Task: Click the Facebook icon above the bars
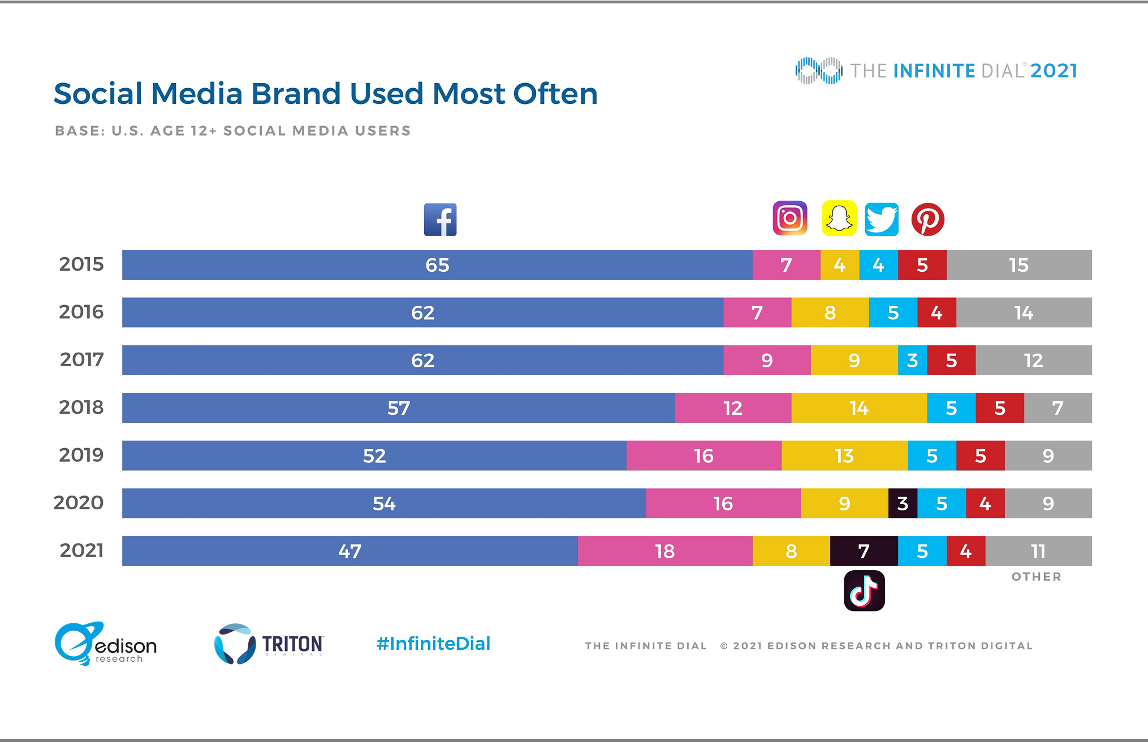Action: point(440,220)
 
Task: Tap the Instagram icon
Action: point(789,218)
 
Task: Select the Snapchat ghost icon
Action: point(839,218)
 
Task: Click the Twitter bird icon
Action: point(881,219)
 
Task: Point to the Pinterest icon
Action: point(927,219)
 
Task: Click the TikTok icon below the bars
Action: point(864,591)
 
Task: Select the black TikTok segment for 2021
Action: point(864,551)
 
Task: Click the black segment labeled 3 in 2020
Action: point(903,504)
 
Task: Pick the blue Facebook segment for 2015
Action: point(437,265)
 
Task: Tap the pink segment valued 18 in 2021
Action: point(664,551)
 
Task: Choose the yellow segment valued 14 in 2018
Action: point(858,408)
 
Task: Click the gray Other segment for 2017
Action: point(1033,361)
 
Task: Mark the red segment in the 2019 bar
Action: point(980,455)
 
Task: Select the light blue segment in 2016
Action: point(893,313)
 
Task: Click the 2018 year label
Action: point(81,407)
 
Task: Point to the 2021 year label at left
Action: point(81,550)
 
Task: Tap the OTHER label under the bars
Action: point(1036,577)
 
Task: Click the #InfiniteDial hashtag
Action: point(433,644)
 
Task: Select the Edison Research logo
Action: point(106,644)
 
